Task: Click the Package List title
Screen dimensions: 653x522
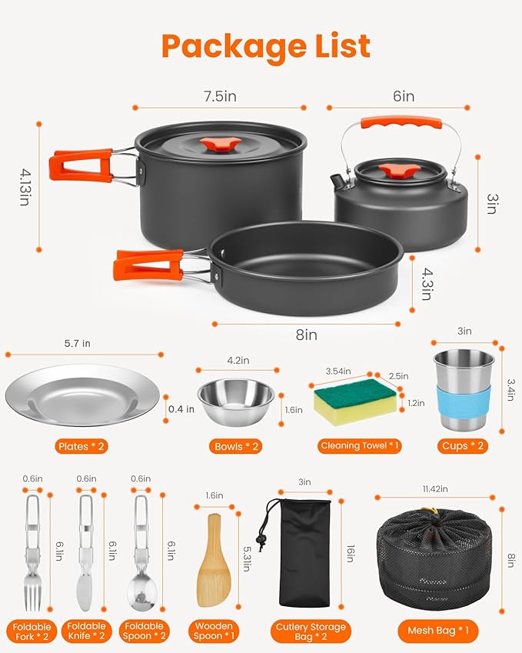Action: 265,47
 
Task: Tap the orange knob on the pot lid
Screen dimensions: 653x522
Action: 220,145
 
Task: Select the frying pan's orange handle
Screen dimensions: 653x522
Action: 148,265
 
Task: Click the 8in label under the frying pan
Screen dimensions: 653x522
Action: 306,335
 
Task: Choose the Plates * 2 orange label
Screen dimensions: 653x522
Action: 85,446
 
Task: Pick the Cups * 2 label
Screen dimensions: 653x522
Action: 464,446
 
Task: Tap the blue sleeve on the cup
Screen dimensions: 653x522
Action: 464,402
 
